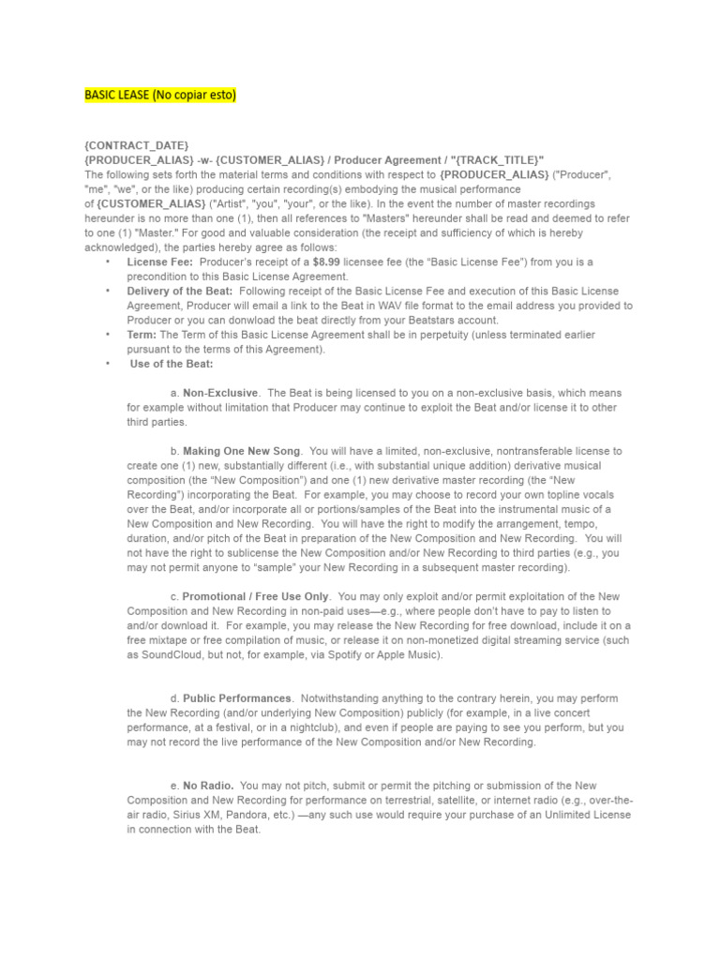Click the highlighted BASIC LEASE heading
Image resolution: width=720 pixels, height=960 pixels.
(x=160, y=95)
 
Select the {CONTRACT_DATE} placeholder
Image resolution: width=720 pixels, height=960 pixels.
(x=137, y=145)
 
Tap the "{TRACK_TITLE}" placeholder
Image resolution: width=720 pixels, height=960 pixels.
(x=496, y=160)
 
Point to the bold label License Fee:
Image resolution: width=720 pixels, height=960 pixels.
(x=160, y=262)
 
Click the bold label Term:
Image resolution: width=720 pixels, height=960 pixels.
(x=142, y=335)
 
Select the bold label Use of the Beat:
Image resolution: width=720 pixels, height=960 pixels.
(x=172, y=364)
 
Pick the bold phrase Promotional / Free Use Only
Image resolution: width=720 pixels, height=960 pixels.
(x=256, y=596)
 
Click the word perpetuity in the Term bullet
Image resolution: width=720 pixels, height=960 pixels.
(x=433, y=335)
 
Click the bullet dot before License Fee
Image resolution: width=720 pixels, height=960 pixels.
(x=108, y=262)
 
